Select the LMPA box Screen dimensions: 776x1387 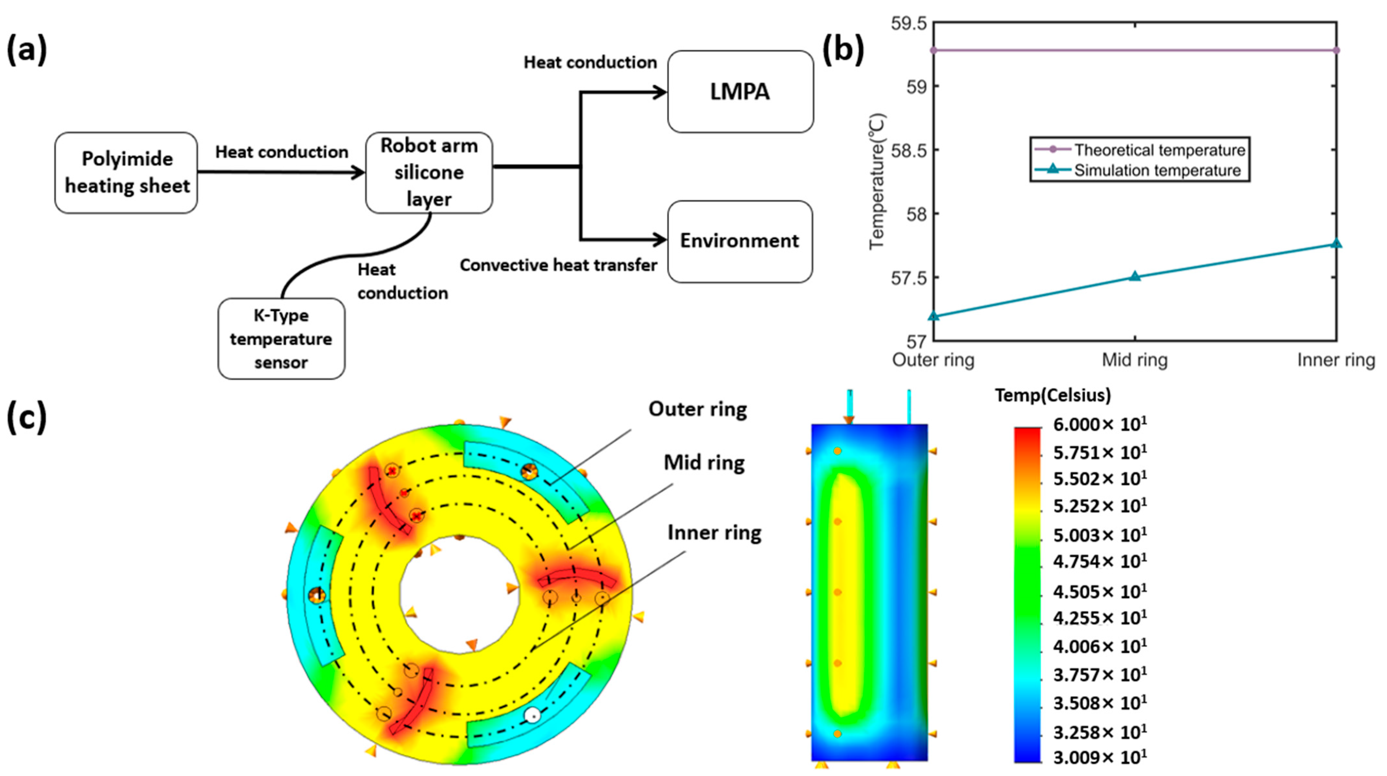point(740,91)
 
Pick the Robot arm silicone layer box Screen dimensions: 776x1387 point(429,172)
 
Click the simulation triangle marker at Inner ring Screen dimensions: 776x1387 point(1336,243)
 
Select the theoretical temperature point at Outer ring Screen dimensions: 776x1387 point(934,50)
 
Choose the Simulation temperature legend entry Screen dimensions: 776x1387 point(1158,171)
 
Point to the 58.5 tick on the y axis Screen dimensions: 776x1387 point(908,150)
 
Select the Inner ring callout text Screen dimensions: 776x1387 point(714,533)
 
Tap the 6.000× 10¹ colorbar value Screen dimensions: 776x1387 point(1100,424)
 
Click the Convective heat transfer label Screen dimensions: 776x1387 point(558,265)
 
